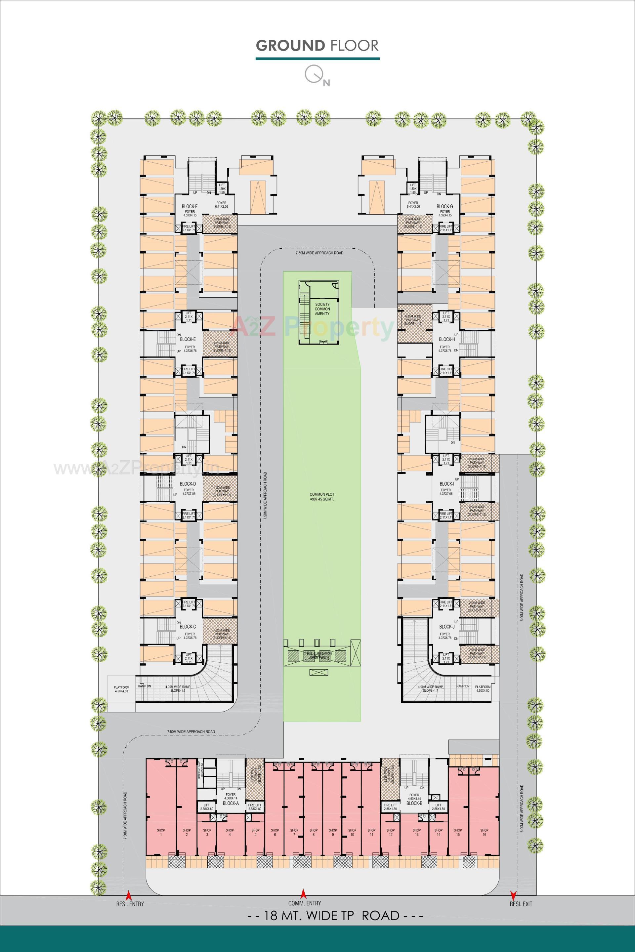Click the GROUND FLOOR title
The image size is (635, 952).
[317, 45]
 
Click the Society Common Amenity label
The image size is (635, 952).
[322, 309]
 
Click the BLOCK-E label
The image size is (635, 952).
[188, 339]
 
